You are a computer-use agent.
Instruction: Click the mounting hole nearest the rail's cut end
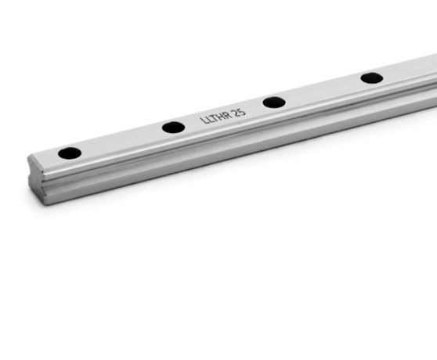click(x=70, y=153)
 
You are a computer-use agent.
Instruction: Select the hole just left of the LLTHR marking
click(x=173, y=128)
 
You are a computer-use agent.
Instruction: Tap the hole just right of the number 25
click(x=274, y=103)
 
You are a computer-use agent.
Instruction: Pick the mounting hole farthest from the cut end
click(x=372, y=78)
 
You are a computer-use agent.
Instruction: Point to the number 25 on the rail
click(x=240, y=112)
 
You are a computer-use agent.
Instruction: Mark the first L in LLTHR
click(x=203, y=121)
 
